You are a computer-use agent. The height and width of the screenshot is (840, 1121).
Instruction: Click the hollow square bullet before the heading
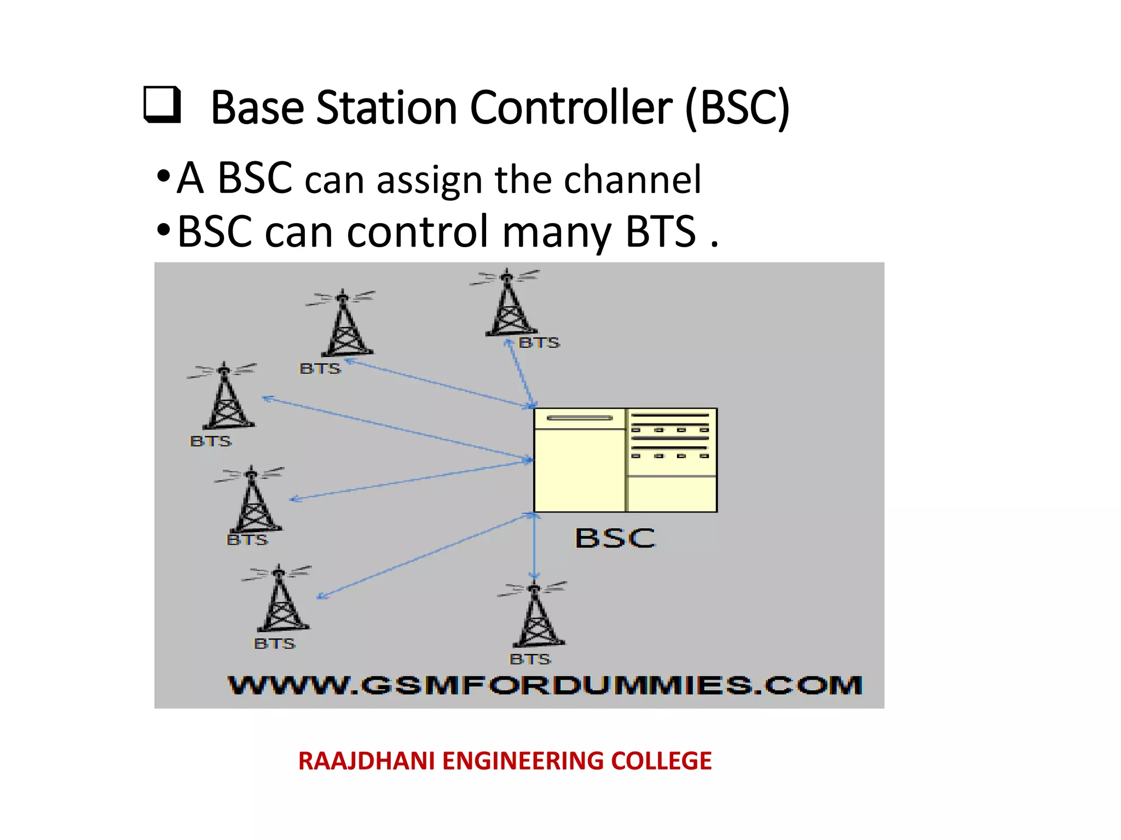pos(162,104)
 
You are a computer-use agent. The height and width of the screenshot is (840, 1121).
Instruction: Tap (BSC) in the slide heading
pos(737,108)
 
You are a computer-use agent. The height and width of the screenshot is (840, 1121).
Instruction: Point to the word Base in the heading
pos(257,108)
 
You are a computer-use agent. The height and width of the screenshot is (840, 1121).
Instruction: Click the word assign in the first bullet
pos(429,180)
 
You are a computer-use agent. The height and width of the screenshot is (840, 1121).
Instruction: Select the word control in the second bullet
pos(418,231)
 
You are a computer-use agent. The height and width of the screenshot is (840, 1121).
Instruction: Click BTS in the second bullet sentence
pos(661,232)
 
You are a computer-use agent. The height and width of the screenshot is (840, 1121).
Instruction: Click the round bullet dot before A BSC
pos(163,177)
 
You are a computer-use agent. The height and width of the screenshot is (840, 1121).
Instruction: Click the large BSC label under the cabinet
pos(615,538)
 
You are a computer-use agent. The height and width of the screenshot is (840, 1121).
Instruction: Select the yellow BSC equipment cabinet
pos(625,460)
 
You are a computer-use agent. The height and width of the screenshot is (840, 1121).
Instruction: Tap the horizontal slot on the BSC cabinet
pos(580,418)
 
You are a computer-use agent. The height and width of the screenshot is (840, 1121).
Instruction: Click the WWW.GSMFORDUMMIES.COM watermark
pos(545,685)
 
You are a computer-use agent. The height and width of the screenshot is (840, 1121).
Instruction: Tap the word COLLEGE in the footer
pos(661,761)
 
